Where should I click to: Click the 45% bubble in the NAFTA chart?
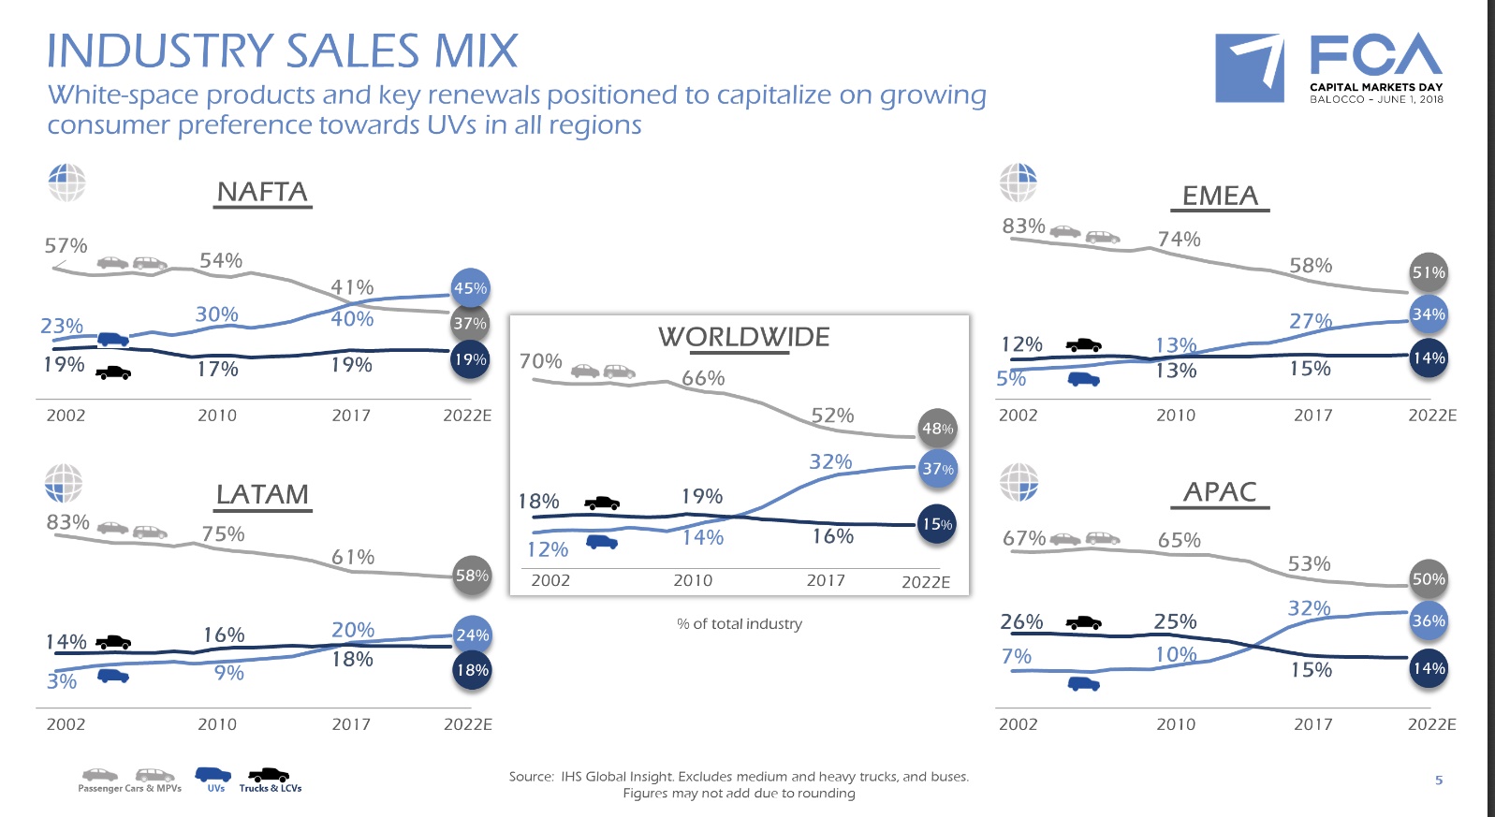[x=471, y=288]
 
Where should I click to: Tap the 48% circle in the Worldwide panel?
[x=937, y=429]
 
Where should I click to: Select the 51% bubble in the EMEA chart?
[x=1429, y=272]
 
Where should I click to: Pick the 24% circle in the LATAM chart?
[x=472, y=635]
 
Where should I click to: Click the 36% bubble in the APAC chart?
[x=1429, y=620]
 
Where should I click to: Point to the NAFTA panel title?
[x=262, y=192]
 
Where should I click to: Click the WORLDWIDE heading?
[x=743, y=337]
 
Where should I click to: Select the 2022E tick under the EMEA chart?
[x=1432, y=416]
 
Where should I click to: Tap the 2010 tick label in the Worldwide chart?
[x=693, y=580]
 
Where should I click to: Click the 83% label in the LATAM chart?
[x=68, y=522]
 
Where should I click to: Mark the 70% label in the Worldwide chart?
[x=541, y=361]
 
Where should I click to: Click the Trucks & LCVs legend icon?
[x=269, y=775]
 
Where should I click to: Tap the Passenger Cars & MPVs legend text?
[x=129, y=789]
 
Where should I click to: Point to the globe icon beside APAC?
[x=1019, y=483]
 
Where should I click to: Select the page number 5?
[x=1439, y=780]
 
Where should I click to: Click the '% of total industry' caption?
[x=739, y=624]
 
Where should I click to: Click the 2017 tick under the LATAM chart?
[x=351, y=724]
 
